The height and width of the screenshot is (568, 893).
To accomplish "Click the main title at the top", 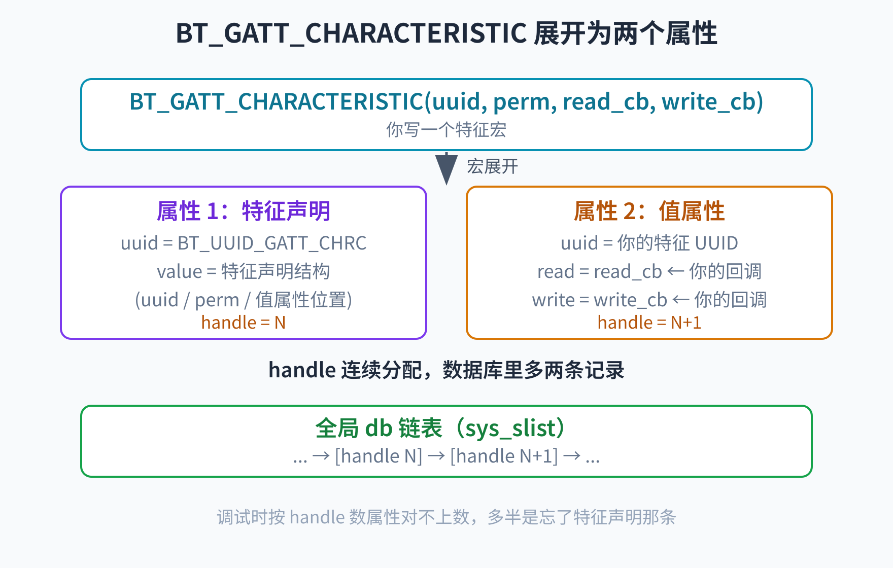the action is pos(447,33).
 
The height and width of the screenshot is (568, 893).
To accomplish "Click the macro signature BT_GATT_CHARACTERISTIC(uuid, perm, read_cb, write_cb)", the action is pos(447,102).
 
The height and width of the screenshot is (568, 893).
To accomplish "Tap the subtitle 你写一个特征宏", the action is pos(447,130).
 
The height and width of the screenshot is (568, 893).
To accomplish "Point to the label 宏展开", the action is pos(493,166).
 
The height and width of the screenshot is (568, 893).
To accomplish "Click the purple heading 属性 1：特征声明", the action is pos(244,211).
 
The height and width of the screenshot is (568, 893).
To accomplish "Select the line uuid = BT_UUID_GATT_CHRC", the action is pos(244,243).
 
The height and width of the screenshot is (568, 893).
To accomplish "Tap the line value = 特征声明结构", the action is pos(244,272).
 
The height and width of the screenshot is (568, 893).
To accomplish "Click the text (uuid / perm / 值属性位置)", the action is pos(244,300).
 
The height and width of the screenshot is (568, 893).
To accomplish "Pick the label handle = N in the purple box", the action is pos(244,323).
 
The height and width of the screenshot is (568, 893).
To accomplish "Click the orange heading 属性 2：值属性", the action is pos(649,211).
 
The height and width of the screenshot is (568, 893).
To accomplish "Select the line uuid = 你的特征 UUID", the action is pos(649,243).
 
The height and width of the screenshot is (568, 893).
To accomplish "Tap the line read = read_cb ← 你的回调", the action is pos(649,272).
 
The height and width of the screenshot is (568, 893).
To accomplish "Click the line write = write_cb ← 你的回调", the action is pos(649,300).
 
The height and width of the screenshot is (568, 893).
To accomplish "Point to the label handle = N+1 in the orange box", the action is pos(649,323).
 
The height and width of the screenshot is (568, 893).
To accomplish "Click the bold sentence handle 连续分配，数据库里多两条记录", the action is pos(447,370).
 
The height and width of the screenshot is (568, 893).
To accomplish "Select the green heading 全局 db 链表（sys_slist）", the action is pos(440,428).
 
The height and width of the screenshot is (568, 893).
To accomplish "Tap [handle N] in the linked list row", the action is pos(379,456).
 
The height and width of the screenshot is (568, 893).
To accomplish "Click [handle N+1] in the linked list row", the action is pos(504,456).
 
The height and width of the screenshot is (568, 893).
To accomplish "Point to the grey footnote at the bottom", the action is pos(447,517).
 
